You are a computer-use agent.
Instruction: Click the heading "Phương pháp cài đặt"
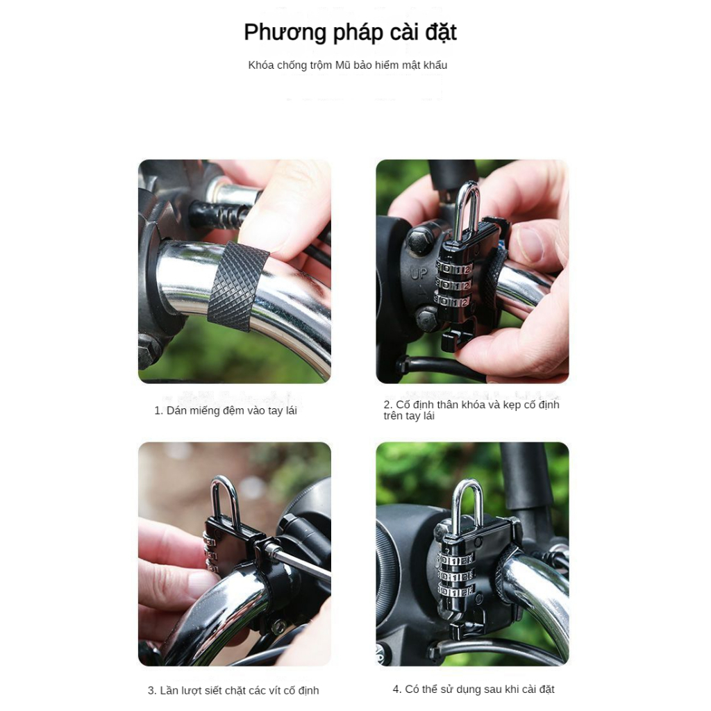click(x=350, y=33)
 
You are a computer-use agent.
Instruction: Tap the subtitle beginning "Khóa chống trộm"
click(x=347, y=65)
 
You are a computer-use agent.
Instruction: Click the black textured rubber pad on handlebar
click(x=238, y=287)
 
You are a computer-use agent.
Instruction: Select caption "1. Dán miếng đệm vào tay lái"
click(x=226, y=410)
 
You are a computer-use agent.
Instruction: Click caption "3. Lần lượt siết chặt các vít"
click(x=233, y=690)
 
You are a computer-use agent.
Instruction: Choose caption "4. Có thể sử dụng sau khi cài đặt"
click(x=474, y=689)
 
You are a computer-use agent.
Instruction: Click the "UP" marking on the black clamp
click(x=419, y=274)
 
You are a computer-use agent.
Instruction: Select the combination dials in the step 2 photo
click(x=453, y=285)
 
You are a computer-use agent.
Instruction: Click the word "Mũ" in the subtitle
click(x=343, y=65)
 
